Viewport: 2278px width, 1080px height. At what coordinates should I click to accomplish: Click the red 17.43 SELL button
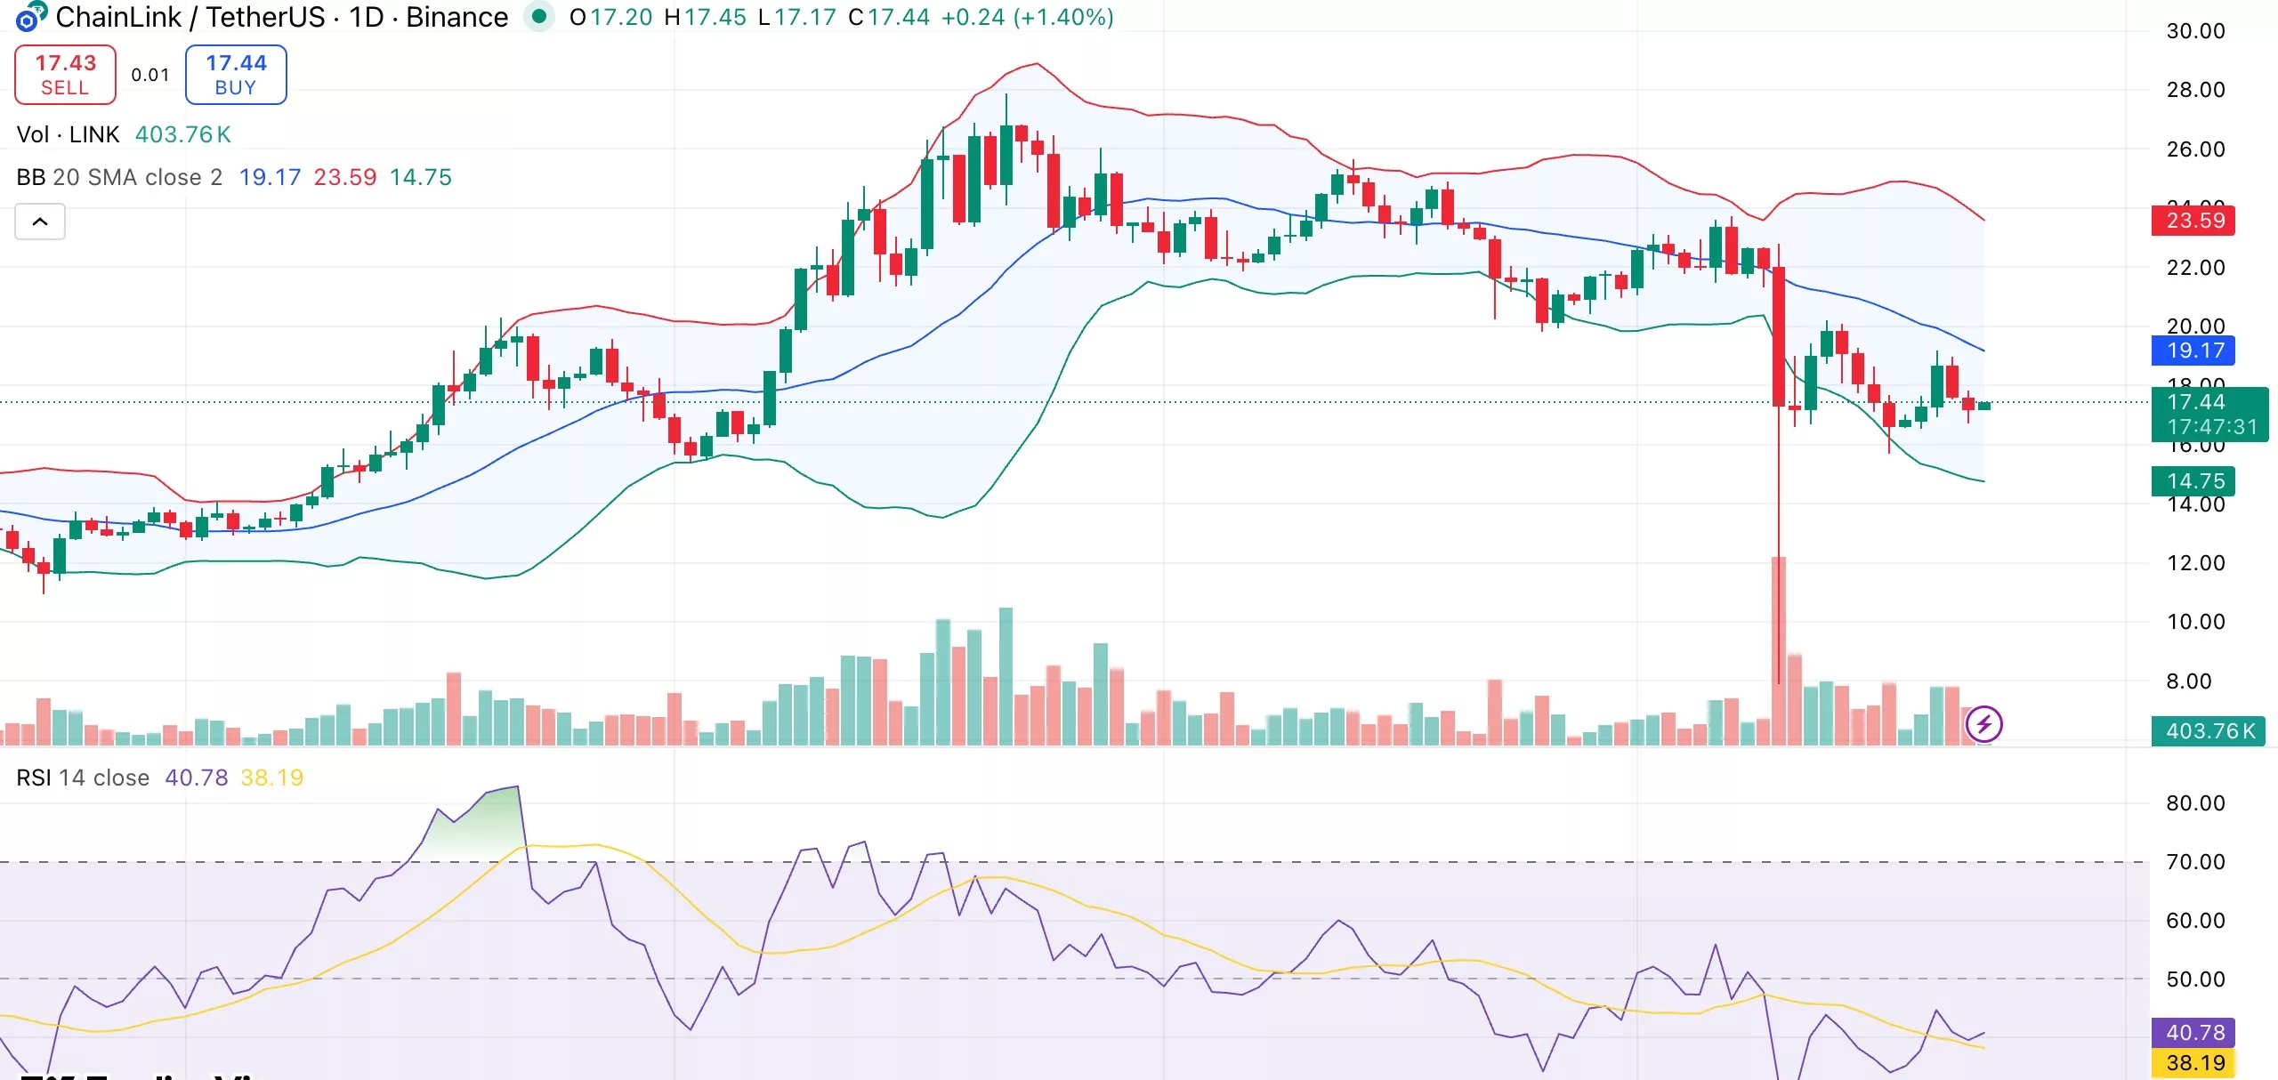65,75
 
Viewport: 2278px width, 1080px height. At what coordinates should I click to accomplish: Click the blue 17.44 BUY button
236,75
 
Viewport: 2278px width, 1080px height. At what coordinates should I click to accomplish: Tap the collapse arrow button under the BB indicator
40,222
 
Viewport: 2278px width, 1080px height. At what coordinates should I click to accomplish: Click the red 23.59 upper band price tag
2193,221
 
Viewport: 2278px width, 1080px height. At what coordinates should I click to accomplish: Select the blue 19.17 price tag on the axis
2193,351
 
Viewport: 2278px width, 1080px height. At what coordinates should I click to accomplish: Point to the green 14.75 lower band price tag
2193,481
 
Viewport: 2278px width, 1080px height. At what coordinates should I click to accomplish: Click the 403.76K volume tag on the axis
2208,731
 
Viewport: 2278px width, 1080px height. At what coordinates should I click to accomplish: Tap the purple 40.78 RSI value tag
2193,1033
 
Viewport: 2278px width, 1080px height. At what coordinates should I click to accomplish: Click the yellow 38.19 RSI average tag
2193,1063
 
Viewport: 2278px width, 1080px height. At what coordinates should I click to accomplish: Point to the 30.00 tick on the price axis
2195,31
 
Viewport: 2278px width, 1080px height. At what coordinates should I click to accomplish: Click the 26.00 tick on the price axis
2195,149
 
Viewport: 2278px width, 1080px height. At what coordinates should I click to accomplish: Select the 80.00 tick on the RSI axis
2195,803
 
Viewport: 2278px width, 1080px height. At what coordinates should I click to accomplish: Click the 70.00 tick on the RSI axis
2195,862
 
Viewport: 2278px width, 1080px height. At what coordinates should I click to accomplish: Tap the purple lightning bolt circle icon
1983,724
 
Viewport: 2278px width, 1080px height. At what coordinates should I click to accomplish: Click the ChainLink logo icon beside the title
30,17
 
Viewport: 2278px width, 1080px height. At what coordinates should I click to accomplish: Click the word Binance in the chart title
456,17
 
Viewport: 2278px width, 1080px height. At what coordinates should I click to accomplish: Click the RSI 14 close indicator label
83,778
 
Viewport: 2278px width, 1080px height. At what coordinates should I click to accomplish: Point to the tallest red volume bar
1779,649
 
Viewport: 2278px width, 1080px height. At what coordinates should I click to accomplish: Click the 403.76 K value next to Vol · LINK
183,134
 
